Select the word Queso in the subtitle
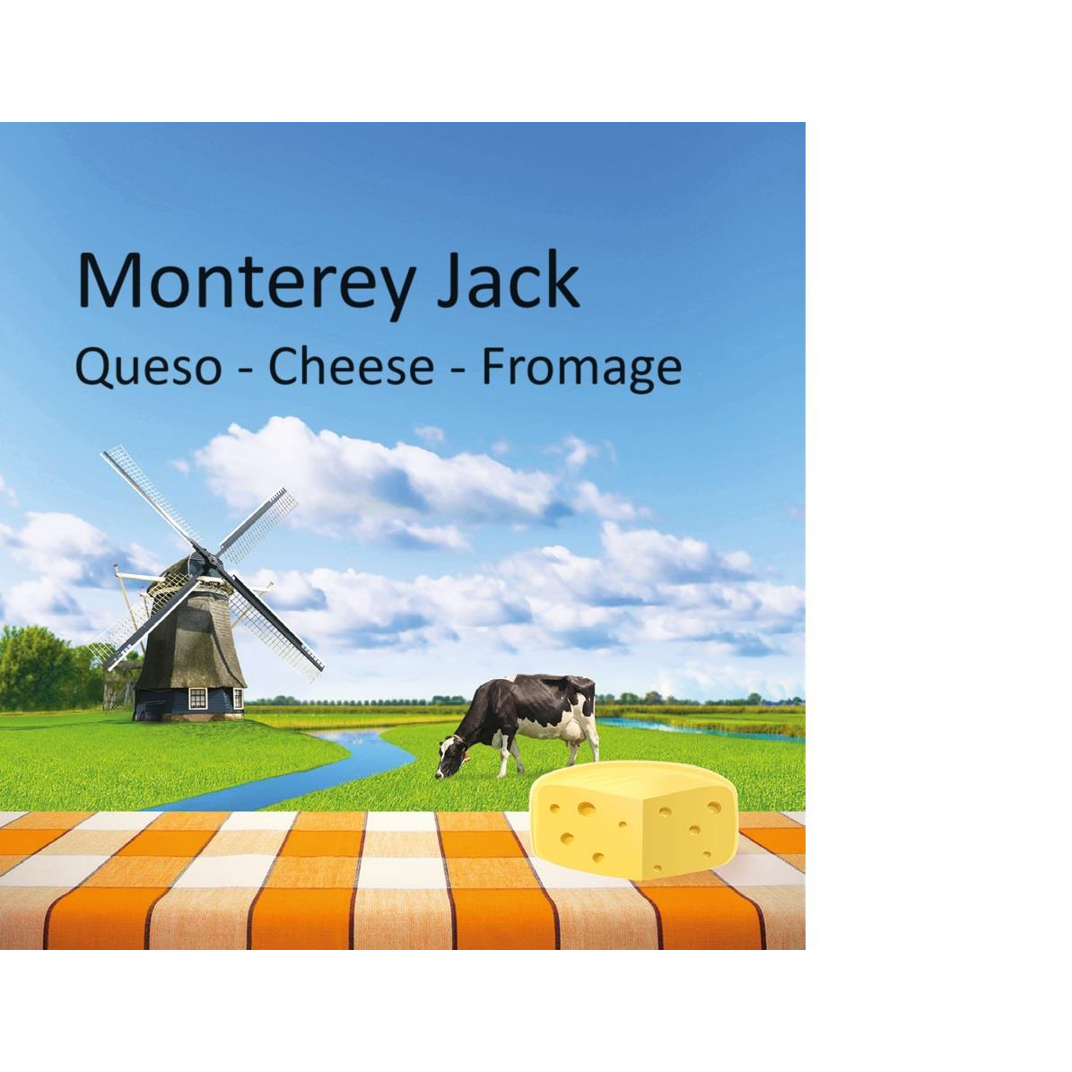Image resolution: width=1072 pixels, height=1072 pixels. click(148, 367)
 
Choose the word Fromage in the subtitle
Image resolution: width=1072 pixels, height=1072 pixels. click(580, 369)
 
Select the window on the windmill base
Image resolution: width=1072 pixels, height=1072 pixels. click(198, 697)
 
